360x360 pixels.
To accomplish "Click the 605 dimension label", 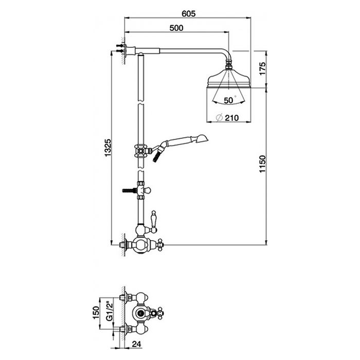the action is (189, 14).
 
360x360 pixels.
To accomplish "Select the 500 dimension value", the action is (176, 28).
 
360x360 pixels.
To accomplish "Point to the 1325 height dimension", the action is (107, 148).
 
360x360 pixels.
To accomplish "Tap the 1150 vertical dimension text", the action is (262, 164).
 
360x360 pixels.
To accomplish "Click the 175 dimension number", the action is (262, 68).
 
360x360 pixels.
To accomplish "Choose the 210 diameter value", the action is (231, 118).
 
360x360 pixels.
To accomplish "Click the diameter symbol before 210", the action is (220, 118).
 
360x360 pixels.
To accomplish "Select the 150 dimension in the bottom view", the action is (96, 313).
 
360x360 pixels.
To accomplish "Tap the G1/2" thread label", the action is (110, 311).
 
